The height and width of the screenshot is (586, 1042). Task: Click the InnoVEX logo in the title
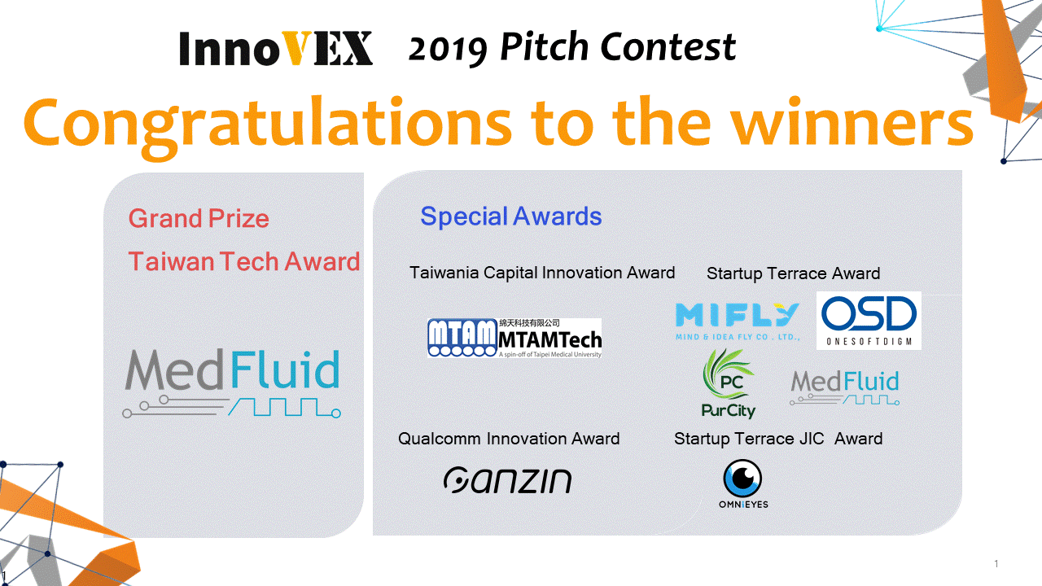coord(276,48)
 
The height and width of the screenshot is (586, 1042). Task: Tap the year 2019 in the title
coord(448,50)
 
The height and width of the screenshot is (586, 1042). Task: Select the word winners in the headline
coord(852,122)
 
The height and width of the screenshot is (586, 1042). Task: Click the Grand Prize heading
coord(199,219)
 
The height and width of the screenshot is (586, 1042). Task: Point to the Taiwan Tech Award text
coord(244,261)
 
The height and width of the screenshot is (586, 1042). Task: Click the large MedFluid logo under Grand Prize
coord(232,383)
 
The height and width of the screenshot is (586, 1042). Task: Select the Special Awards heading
coord(510,216)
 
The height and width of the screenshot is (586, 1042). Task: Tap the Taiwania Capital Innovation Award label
coord(542,273)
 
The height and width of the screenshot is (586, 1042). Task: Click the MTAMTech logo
coord(514,338)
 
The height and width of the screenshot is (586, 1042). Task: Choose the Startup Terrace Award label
coord(793,273)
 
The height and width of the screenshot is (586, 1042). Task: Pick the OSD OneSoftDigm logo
coord(869,321)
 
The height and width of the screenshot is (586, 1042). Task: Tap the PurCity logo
coord(729,384)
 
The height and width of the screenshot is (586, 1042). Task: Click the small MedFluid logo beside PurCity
coord(845,387)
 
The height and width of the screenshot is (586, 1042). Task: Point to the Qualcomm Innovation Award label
coord(509,439)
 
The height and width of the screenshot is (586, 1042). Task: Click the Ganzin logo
coord(507,480)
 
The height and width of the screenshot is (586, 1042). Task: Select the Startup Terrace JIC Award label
coord(778,439)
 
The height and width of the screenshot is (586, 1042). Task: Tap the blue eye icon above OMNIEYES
coord(742,479)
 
